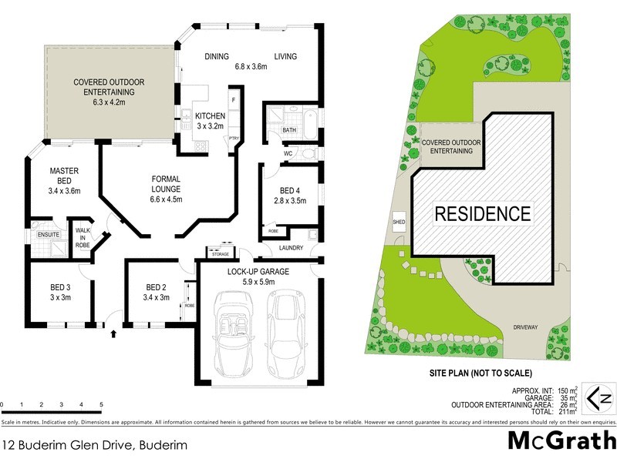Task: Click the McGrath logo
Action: click(561, 440)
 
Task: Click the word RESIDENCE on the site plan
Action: click(483, 214)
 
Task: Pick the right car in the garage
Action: click(284, 331)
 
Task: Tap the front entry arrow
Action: click(114, 334)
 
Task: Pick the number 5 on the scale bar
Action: click(101, 405)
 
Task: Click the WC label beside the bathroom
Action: click(288, 153)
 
